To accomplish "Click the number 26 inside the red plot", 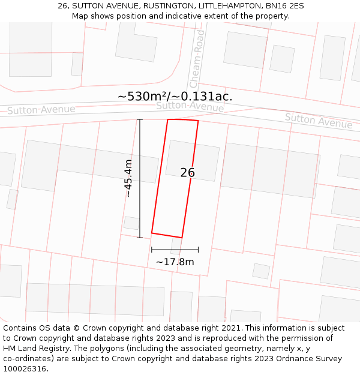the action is click(187, 173).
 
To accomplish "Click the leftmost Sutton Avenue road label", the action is click(41, 110).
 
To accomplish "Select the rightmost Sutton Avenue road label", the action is click(319, 121).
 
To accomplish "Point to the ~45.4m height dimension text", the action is click(128, 178).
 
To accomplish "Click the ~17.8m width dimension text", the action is click(175, 262).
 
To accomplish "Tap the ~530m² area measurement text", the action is click(143, 96).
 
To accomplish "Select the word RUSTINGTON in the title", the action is click(169, 6).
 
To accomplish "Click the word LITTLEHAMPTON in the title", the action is click(228, 6).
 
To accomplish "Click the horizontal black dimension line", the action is click(175, 250).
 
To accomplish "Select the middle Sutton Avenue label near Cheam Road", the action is click(190, 107).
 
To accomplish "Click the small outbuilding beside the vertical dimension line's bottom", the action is click(131, 223).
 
